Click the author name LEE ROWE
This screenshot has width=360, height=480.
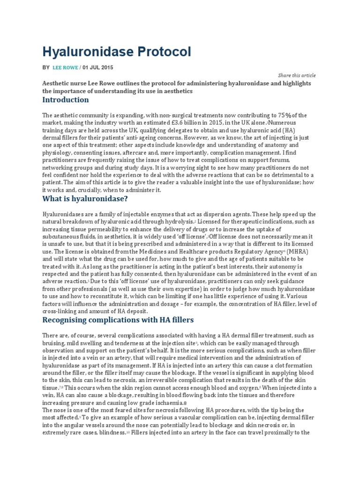coord(66,67)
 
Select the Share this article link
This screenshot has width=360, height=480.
coord(297,75)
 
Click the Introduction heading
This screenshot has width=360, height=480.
coord(65,100)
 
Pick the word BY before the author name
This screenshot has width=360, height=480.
coord(45,67)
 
